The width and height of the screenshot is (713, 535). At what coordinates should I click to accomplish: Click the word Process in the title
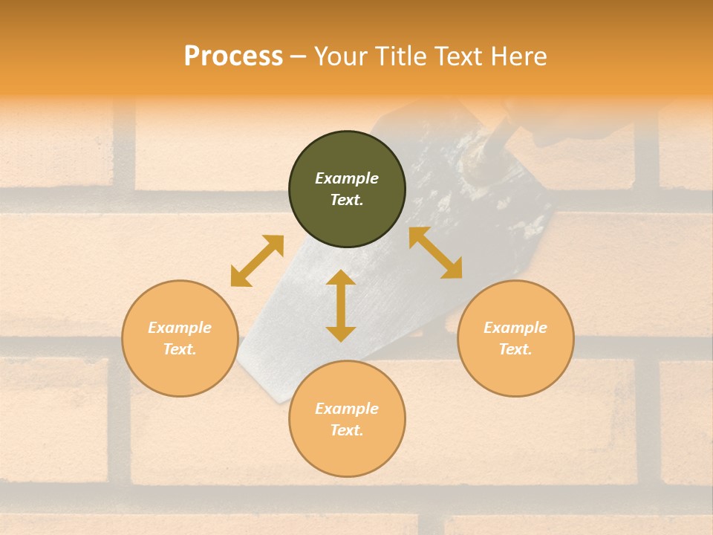pos(233,56)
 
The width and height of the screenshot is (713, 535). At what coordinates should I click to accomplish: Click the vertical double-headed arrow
pos(341,305)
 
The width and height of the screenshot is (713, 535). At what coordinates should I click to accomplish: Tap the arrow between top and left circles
pos(257,261)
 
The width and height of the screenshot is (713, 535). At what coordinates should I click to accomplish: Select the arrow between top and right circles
pos(435,253)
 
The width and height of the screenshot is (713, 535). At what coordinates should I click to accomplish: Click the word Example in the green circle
pos(347,178)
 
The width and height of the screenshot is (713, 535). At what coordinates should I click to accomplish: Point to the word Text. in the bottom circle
pos(347,430)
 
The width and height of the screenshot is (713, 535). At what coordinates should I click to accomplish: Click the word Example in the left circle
pos(180,328)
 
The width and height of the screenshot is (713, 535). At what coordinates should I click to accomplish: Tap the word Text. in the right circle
pos(515,349)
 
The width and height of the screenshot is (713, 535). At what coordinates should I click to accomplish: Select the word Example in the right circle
pos(515,328)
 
